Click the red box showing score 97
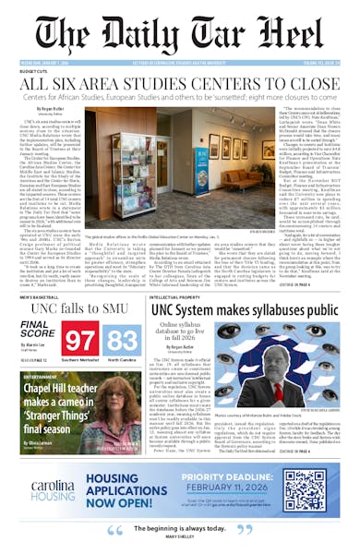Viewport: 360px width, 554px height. pos(80,338)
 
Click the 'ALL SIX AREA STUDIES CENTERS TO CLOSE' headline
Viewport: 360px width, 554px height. pos(180,84)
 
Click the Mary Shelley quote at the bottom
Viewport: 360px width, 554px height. pos(180,532)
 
